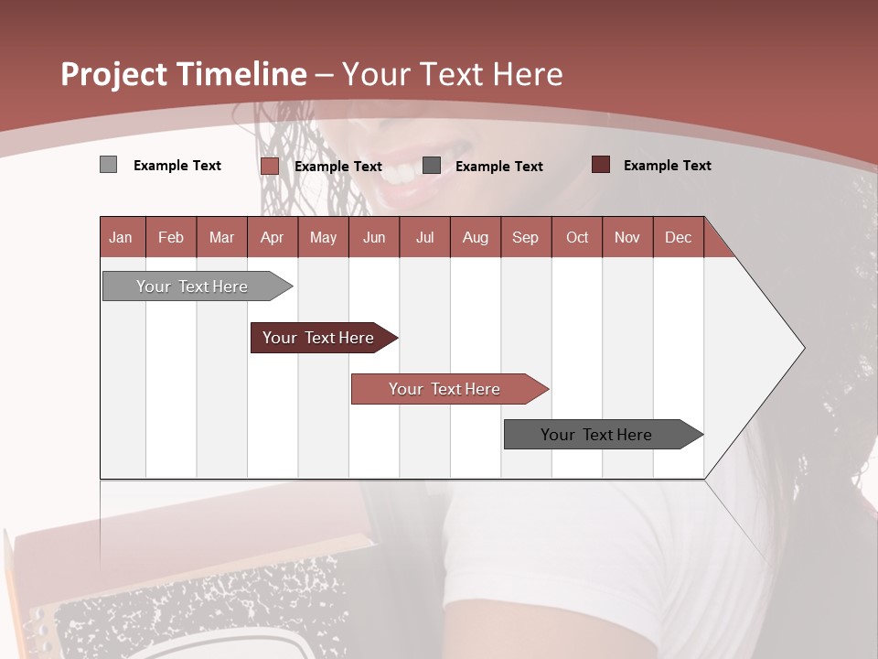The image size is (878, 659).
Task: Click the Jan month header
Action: [121, 237]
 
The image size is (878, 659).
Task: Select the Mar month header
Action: [221, 237]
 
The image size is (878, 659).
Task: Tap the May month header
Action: [323, 237]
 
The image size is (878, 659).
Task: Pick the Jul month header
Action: [424, 237]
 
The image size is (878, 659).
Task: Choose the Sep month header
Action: [525, 237]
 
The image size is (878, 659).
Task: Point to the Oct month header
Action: [577, 237]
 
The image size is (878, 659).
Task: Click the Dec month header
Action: [678, 237]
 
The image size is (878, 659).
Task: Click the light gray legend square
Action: [108, 165]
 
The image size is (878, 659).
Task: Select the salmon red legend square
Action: [269, 166]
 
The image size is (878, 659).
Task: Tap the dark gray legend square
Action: [432, 166]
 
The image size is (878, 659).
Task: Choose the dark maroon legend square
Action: [601, 165]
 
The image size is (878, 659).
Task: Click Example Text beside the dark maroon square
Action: [667, 166]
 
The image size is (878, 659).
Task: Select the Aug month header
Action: [475, 237]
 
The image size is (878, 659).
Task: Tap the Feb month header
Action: [171, 237]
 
